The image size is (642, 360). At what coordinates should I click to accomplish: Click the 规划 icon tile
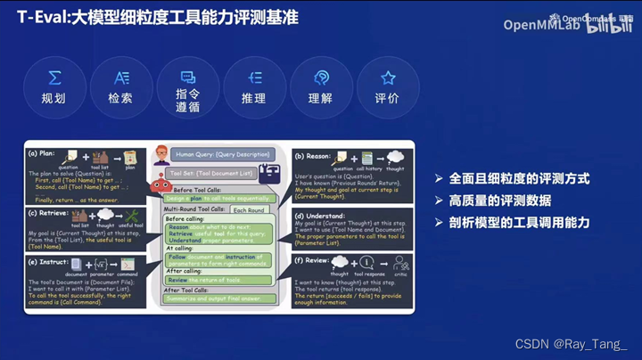pos(55,87)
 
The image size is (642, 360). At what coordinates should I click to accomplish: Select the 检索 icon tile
pos(120,87)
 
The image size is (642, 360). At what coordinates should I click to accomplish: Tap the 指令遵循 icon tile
pos(187,87)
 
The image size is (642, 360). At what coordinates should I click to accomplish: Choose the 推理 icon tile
pos(254,87)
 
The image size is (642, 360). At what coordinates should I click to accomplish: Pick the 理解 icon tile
pos(320,87)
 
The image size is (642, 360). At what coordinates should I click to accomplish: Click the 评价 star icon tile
pos(388,87)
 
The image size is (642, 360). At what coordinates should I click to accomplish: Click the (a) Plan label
pos(44,152)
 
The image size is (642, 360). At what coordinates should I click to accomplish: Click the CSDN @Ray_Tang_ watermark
pos(572,343)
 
